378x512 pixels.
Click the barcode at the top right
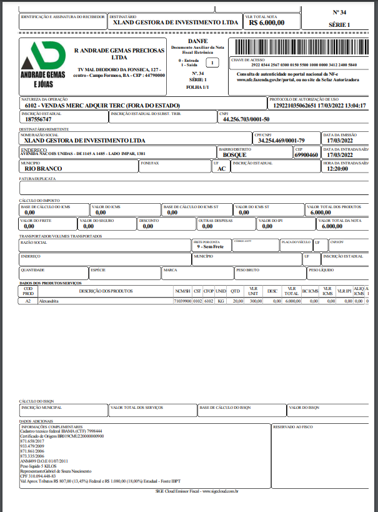301,48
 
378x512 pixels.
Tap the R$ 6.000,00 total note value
266,22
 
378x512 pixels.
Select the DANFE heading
197,41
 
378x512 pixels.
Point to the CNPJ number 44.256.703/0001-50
246,119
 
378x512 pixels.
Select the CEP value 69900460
306,154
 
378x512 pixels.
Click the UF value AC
221,169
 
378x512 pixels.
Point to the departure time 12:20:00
337,169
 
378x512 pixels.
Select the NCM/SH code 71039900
182,301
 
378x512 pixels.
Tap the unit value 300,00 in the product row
254,301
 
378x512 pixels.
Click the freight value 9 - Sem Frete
210,247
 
